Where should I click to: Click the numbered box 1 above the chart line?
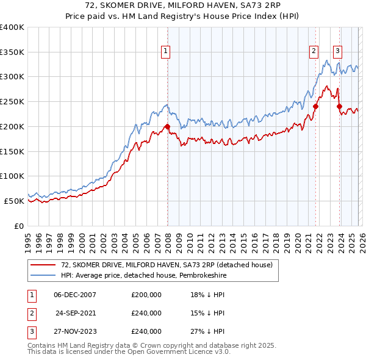tap(165, 52)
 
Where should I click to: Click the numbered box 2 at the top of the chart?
tap(314, 52)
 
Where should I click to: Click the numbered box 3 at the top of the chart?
tap(337, 52)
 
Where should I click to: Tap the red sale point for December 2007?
tap(167, 127)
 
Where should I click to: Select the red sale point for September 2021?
tap(315, 106)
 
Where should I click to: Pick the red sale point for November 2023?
tap(339, 106)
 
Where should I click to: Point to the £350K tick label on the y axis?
tap(12, 52)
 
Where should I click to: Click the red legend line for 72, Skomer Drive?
tap(43, 264)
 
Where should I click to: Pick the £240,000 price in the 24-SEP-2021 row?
tap(146, 313)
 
